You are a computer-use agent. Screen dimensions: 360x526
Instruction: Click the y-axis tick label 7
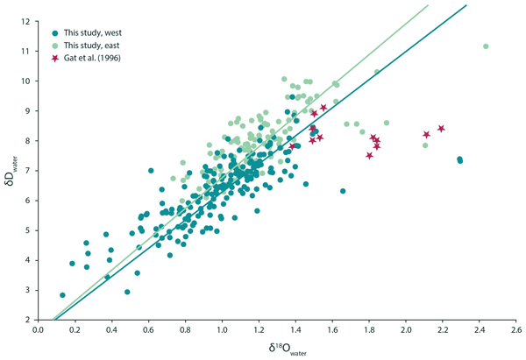click(28, 171)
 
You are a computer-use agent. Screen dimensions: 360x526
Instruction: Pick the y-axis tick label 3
click(28, 290)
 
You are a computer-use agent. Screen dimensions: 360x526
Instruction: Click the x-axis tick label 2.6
click(516, 330)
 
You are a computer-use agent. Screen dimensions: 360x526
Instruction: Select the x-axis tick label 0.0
click(38, 330)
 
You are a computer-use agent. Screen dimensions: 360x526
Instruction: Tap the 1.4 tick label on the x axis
click(295, 330)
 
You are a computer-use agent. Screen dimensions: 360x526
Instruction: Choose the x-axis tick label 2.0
click(406, 330)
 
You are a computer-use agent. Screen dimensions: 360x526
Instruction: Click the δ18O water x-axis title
click(277, 349)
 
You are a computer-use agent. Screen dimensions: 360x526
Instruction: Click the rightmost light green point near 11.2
click(486, 46)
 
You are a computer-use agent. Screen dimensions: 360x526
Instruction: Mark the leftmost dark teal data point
click(62, 295)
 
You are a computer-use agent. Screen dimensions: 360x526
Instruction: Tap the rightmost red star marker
click(442, 129)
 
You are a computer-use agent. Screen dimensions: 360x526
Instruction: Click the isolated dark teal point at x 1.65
click(343, 191)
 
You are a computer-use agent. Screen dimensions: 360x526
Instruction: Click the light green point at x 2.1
click(425, 145)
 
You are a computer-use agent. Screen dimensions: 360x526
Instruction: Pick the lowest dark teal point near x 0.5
click(127, 292)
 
